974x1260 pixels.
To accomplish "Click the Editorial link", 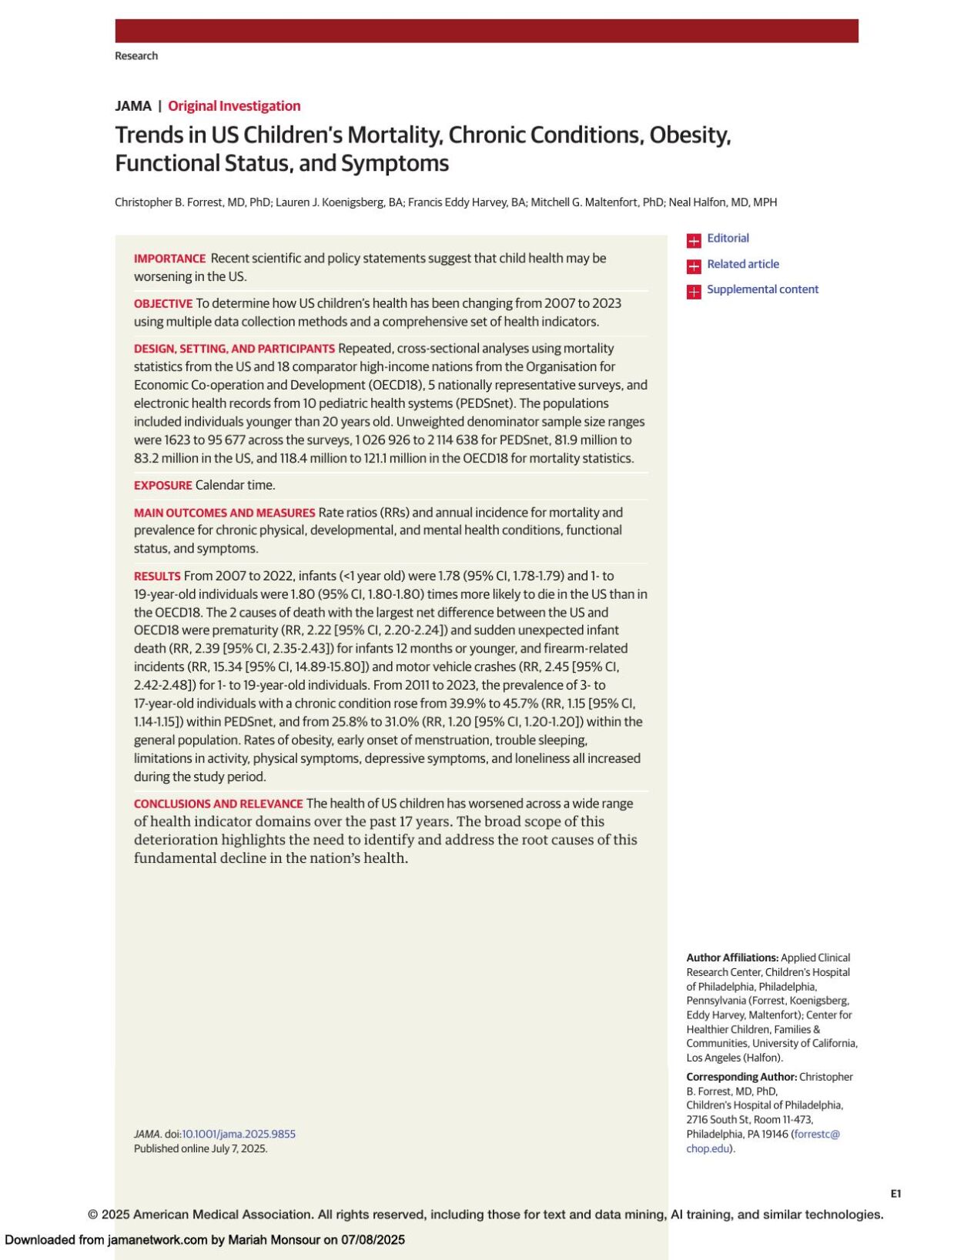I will (x=727, y=239).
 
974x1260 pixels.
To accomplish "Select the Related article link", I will (x=742, y=264).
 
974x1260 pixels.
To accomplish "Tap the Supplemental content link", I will (x=762, y=289).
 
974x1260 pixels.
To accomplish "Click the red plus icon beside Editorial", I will (x=694, y=240).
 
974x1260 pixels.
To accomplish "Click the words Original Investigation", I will (x=234, y=106).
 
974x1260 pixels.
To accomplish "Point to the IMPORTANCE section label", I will (x=169, y=259).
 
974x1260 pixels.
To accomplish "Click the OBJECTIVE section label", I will (x=162, y=304).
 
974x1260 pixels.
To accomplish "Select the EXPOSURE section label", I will (x=162, y=486).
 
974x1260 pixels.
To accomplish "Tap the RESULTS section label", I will (x=157, y=577).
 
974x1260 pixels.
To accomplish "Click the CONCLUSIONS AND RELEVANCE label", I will (x=218, y=804).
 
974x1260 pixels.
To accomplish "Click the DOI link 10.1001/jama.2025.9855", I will (x=239, y=1134).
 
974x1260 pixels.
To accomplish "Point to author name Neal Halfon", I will (x=697, y=202).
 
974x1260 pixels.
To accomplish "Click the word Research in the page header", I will (x=136, y=56).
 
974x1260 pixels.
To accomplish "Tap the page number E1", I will (x=895, y=1194).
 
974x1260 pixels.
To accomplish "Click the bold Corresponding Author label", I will (x=741, y=1077).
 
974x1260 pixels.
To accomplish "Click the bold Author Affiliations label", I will (x=731, y=958).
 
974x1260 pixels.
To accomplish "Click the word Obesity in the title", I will (x=689, y=135).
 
